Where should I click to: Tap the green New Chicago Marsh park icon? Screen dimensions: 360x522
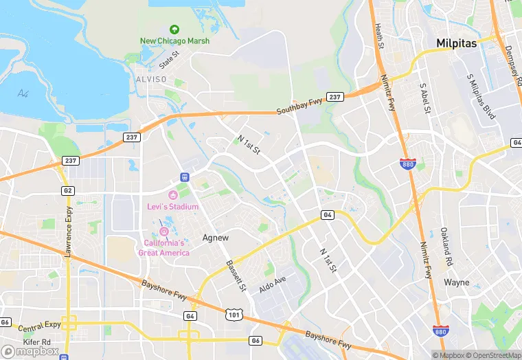[x=174, y=30]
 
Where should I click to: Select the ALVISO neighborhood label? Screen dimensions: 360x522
[x=152, y=80]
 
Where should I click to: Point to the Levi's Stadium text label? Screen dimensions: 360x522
[x=172, y=207]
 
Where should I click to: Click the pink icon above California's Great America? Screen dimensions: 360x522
[x=163, y=232]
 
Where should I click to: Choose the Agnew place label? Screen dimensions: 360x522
[x=216, y=238]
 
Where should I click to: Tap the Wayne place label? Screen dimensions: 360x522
[x=456, y=282]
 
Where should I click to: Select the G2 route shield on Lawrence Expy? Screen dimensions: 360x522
[x=67, y=190]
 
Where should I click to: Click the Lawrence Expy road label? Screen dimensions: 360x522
[x=69, y=233]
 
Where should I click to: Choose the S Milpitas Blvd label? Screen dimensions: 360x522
[x=481, y=98]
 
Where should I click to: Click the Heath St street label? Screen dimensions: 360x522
[x=378, y=36]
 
